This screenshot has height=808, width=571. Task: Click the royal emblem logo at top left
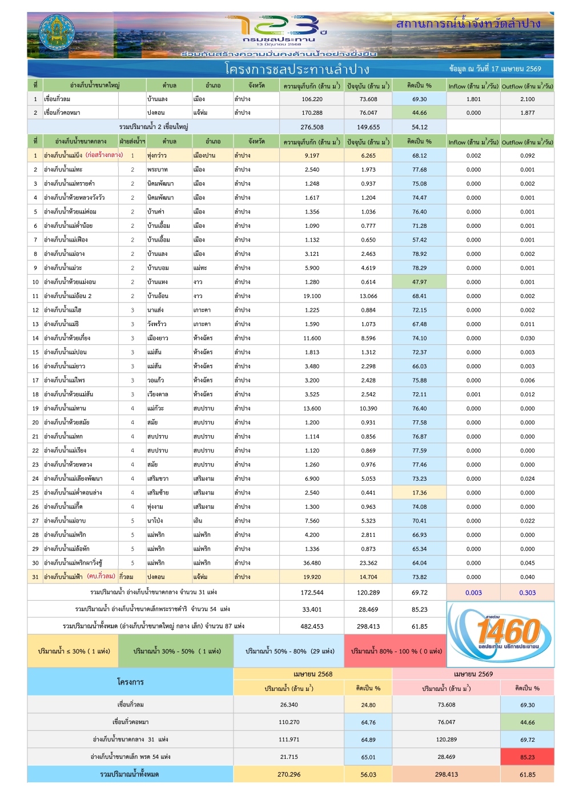click(x=55, y=34)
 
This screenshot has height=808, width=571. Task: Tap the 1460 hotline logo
click(x=500, y=634)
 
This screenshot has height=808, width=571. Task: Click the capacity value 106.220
click(x=312, y=99)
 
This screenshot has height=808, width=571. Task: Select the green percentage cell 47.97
click(x=419, y=282)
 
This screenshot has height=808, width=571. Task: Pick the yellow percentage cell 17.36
click(x=419, y=493)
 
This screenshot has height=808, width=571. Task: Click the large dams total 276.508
click(x=312, y=127)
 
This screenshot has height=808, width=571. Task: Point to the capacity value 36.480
click(x=312, y=563)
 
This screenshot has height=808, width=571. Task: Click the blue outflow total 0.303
click(x=527, y=593)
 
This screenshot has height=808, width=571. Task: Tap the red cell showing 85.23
click(x=527, y=757)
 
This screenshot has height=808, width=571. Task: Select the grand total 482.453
click(x=312, y=626)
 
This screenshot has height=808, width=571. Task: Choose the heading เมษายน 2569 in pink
click(x=473, y=674)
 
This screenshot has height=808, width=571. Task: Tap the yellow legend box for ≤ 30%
click(x=73, y=651)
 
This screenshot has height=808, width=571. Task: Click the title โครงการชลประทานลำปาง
click(x=297, y=70)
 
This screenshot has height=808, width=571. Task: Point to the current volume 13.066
click(x=368, y=296)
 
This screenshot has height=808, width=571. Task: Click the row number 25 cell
click(x=35, y=493)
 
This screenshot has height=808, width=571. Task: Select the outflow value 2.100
click(x=527, y=99)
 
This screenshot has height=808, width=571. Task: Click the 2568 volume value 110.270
click(x=289, y=722)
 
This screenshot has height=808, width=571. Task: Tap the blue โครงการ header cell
click(x=130, y=682)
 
